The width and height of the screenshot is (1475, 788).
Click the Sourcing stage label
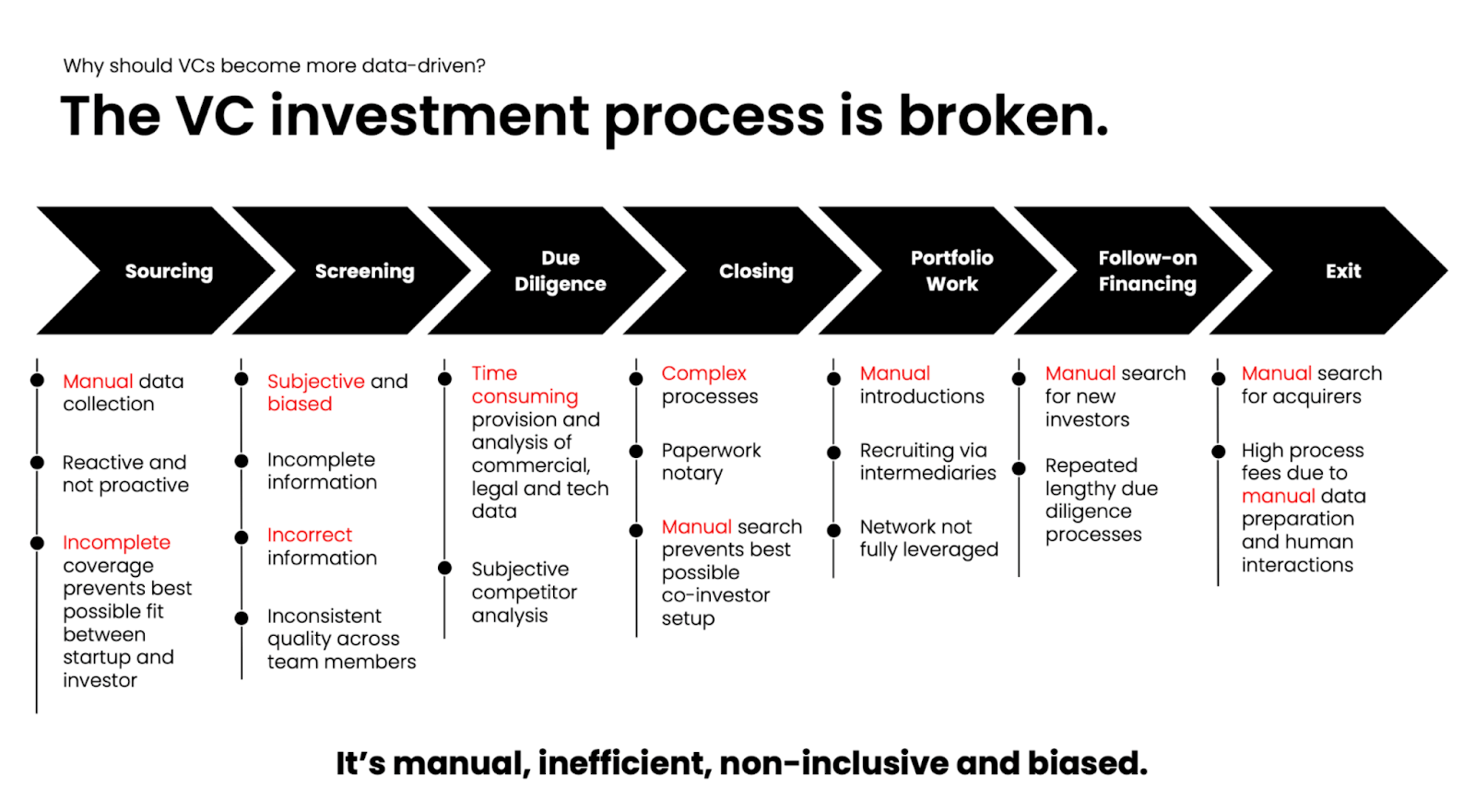coord(170,271)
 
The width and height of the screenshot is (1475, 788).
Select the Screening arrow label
coord(365,271)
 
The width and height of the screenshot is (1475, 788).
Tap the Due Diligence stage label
coord(560,271)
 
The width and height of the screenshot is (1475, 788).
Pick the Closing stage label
coord(756,271)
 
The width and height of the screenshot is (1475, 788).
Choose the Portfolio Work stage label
coord(952,271)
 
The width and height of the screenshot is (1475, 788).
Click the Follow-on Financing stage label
coord(1148,271)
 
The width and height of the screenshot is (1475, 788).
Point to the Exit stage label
coord(1343,271)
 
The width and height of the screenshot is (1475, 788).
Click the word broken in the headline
coord(1004,116)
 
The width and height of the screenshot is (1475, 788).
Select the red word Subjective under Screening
coord(316,382)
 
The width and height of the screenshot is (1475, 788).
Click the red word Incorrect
coord(310,535)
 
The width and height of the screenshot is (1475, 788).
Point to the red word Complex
coord(704,374)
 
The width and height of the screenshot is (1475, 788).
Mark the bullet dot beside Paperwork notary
coord(636,452)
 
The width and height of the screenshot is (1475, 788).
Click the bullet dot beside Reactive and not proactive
coord(38,463)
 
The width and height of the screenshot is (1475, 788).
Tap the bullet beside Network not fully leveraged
coord(833,531)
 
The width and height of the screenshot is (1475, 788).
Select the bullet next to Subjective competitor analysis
coord(445,568)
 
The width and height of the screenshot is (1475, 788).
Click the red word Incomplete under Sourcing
coord(116,543)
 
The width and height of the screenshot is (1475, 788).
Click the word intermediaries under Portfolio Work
coord(927,473)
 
